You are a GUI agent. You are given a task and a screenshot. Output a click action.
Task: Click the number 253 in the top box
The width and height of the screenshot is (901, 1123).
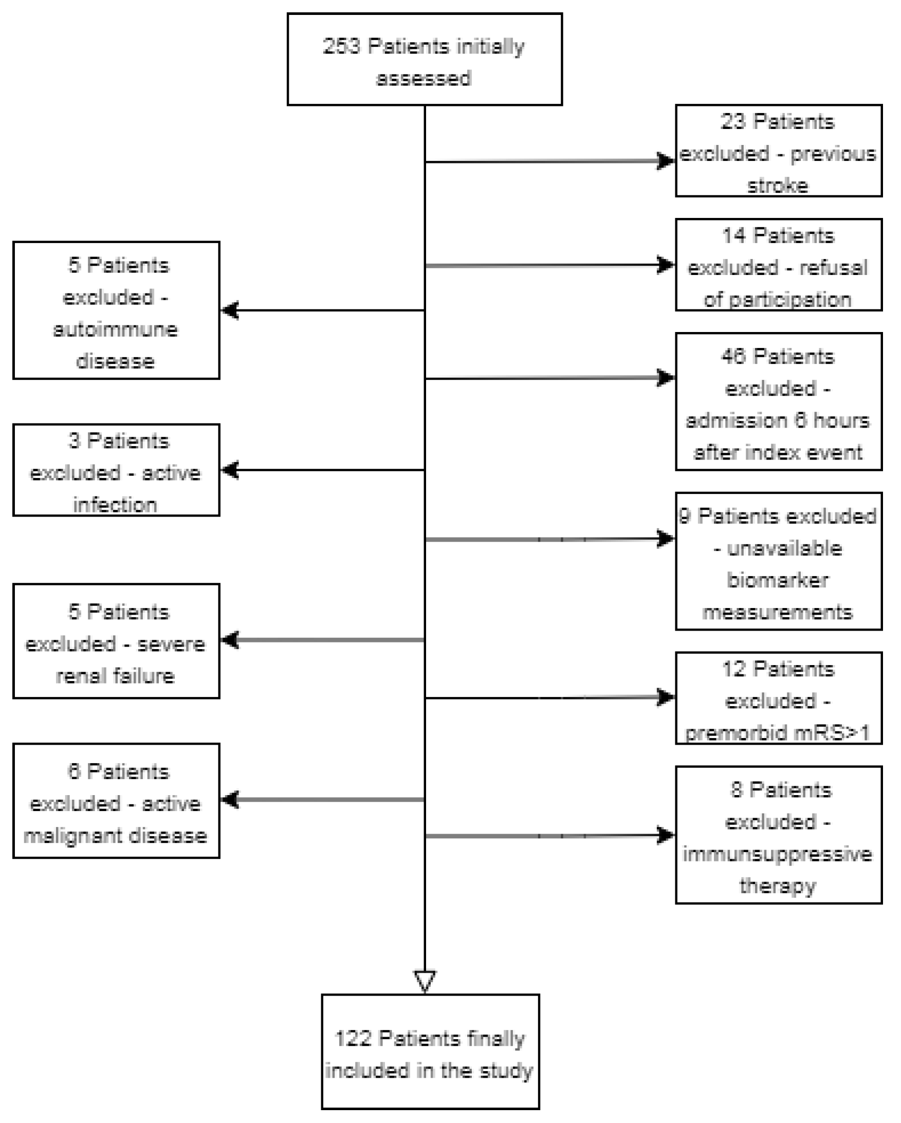tap(341, 46)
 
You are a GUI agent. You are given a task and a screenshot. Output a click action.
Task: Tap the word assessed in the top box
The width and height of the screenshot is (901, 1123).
tap(424, 79)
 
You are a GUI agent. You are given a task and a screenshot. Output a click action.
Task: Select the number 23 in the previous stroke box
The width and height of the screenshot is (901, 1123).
tap(733, 122)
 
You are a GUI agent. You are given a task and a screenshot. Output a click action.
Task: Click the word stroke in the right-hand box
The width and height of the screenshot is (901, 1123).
tap(778, 186)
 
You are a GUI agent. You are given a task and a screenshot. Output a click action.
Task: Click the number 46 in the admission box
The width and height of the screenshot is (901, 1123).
tap(733, 357)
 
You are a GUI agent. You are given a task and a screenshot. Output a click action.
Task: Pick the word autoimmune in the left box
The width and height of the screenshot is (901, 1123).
tap(115, 330)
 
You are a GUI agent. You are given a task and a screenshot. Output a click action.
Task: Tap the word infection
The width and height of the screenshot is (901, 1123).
tap(115, 505)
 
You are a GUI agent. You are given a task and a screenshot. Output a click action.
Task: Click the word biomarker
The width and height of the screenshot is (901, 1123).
tap(778, 580)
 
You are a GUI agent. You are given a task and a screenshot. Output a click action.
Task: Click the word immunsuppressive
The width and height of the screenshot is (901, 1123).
tap(778, 854)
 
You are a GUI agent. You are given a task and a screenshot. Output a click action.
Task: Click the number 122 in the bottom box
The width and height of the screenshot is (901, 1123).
tap(353, 1039)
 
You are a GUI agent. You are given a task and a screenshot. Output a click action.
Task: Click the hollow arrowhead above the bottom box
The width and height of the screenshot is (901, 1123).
tap(425, 981)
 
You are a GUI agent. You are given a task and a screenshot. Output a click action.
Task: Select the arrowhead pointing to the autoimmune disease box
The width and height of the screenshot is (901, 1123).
tap(230, 310)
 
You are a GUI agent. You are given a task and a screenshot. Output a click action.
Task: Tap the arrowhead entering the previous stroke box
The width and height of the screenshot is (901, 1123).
tap(665, 161)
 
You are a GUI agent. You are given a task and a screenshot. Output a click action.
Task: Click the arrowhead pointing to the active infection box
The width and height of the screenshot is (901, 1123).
tap(230, 470)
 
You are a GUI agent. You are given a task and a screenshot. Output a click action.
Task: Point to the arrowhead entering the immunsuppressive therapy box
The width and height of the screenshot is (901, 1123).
tap(665, 836)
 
